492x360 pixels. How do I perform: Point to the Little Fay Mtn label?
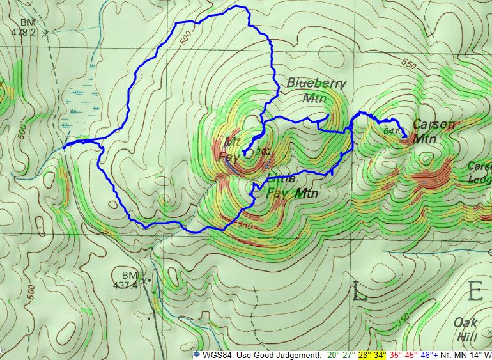[x=291, y=186]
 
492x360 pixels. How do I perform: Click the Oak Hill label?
[x=466, y=328]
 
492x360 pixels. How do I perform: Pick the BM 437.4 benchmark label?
[x=130, y=279]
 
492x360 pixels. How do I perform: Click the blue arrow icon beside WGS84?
[x=197, y=354]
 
